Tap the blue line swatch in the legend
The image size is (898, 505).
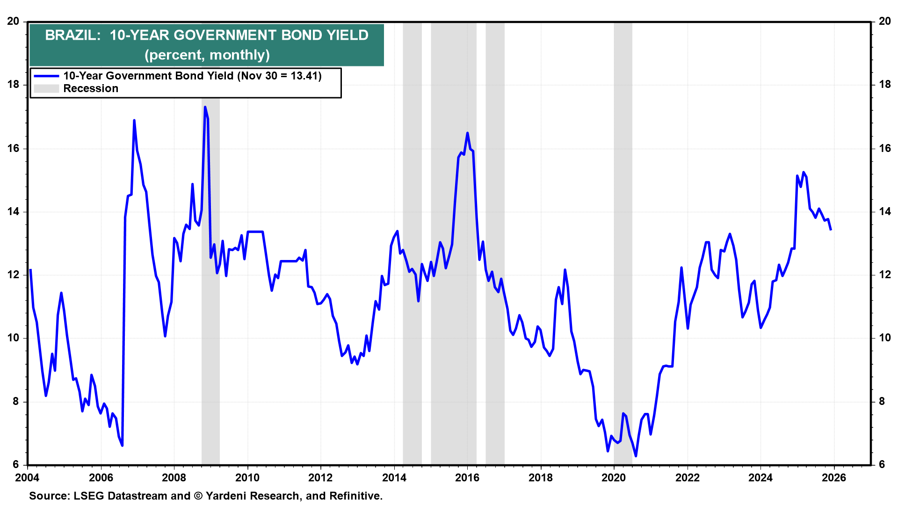coord(46,76)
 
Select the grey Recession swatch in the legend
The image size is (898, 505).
coord(46,88)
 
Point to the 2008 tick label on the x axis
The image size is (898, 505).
coord(174,477)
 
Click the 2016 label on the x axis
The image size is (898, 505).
coord(467,477)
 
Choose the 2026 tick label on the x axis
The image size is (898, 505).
coord(833,477)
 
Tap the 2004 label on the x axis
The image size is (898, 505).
coord(28,477)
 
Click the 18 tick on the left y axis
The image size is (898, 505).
coord(13,85)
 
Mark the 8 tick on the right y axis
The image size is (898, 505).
coord(882,401)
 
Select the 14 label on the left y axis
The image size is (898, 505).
coord(13,211)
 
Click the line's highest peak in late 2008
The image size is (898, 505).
coord(205,107)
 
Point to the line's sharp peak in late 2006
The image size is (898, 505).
coord(134,120)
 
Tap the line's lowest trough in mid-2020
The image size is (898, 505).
coord(636,456)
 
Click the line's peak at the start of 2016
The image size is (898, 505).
coord(467,133)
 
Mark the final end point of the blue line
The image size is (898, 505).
coord(831,230)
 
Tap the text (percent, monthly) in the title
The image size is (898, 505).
coord(207,55)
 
